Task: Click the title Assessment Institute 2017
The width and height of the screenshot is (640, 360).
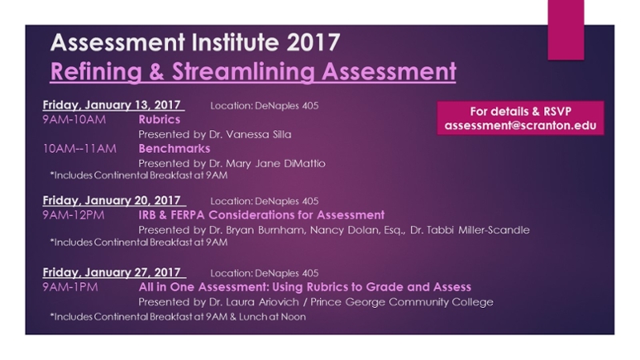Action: (195, 42)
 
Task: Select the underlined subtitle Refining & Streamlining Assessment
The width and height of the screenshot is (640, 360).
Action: (253, 72)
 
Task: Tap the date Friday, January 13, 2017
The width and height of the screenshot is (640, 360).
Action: (111, 106)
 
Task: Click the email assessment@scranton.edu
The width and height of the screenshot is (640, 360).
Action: (521, 126)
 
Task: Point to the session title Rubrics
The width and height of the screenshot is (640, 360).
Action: (159, 119)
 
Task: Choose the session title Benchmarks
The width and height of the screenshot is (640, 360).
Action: (174, 149)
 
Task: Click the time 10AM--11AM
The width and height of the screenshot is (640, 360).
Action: (79, 149)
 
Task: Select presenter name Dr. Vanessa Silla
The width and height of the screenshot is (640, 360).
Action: (250, 134)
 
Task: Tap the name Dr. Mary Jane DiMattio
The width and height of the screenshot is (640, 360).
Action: (267, 164)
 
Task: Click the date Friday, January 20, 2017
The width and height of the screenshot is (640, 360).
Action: (111, 201)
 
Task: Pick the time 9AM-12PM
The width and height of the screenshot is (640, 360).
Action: (74, 215)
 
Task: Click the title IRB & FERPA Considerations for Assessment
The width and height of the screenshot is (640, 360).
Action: (262, 215)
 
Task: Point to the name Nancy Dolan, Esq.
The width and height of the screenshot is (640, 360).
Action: (358, 230)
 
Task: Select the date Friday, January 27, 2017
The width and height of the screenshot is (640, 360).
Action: (111, 273)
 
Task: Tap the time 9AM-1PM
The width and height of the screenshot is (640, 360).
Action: (70, 287)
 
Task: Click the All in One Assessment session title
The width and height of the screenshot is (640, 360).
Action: (305, 287)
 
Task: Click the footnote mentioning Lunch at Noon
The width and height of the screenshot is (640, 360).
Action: (178, 317)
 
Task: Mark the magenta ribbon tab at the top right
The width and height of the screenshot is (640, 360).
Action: (566, 30)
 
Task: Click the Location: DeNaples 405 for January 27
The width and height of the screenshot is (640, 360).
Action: (265, 273)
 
